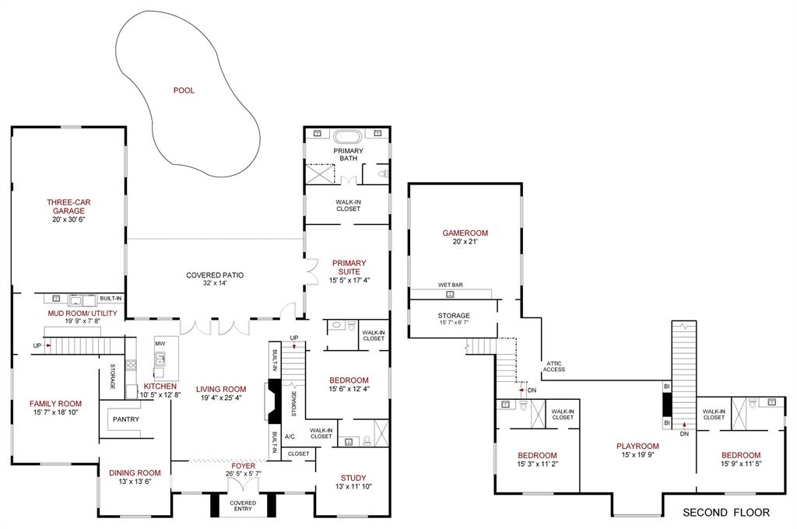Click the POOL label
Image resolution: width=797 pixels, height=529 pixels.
[x=184, y=90]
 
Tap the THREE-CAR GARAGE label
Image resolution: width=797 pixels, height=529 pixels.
[x=68, y=206]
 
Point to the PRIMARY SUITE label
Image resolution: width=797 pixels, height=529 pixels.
[x=348, y=267]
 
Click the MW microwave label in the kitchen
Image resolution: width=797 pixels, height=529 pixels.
[x=160, y=343]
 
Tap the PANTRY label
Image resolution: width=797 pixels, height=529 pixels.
[x=125, y=419]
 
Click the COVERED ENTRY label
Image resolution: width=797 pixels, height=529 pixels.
[x=242, y=506]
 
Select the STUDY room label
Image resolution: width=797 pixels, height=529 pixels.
[x=353, y=478]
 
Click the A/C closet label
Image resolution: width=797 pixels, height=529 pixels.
[x=290, y=436]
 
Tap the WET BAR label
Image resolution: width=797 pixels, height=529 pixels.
[x=451, y=285]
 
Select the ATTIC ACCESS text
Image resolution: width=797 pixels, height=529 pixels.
[x=554, y=366]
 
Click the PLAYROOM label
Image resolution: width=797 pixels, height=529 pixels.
[x=637, y=447]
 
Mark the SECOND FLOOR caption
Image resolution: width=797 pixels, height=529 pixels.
[x=725, y=513]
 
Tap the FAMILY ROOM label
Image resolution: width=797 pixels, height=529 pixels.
[x=55, y=404]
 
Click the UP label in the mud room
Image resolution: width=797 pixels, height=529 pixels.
[x=37, y=345]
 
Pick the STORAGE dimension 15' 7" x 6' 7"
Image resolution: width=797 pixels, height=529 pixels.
[x=454, y=323]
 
